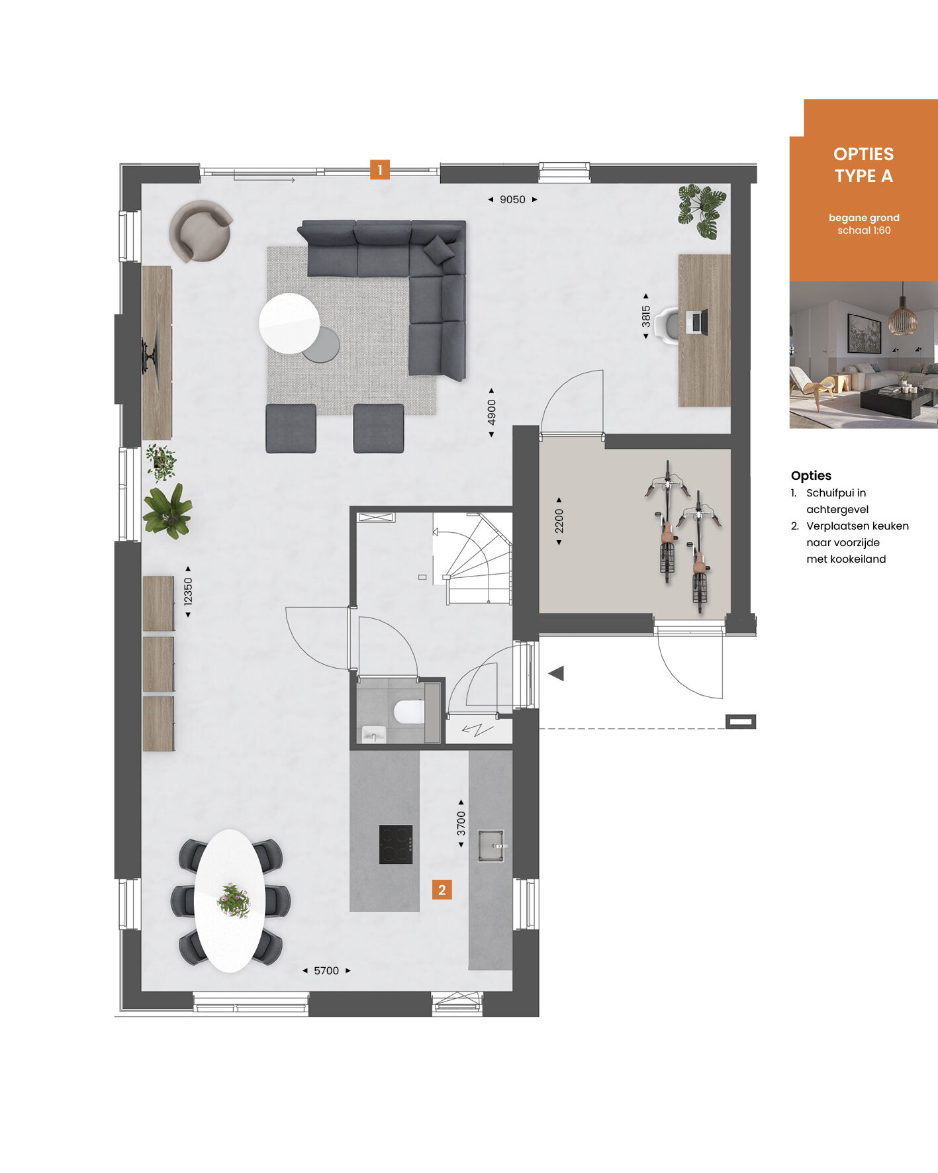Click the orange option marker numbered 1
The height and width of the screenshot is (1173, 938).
[x=379, y=170]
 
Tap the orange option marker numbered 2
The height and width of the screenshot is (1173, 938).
[x=442, y=890]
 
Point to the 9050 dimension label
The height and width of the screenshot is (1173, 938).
[x=512, y=199]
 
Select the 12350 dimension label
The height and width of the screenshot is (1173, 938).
[x=188, y=592]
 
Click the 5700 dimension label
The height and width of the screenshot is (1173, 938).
[x=326, y=970]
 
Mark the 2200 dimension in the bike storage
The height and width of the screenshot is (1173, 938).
[x=559, y=521]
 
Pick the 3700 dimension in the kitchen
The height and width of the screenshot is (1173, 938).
[x=461, y=823]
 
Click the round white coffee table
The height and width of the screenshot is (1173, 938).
[x=289, y=323]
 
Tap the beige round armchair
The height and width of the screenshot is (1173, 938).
[x=200, y=231]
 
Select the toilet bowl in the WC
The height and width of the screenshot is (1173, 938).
[x=409, y=712]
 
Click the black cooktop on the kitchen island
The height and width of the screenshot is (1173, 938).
[x=396, y=845]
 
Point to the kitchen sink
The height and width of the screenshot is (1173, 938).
[x=491, y=845]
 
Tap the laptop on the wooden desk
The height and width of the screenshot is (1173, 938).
[x=696, y=322]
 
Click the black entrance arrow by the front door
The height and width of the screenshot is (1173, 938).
[x=556, y=674]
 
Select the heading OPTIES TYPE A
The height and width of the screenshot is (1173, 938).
[x=864, y=165]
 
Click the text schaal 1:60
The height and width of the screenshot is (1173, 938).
[x=864, y=230]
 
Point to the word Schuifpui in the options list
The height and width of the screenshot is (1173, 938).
[x=836, y=493]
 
